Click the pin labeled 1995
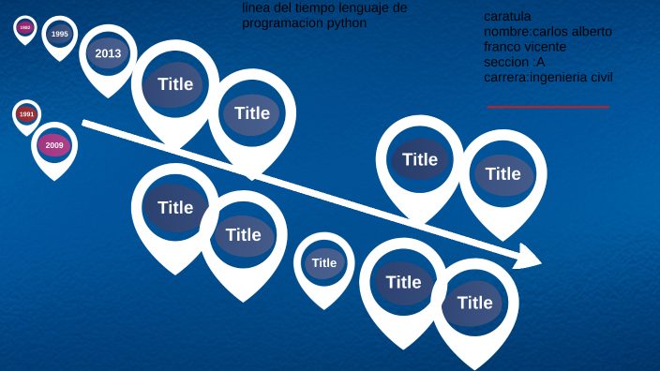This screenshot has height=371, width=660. pos(60,34)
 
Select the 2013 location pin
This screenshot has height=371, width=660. pos(108,53)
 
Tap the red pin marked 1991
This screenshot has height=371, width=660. pos(26,114)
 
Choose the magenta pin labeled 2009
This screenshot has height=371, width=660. pos(54,145)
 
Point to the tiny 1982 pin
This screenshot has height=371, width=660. pos(25,28)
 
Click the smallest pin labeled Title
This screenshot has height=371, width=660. pos(324,263)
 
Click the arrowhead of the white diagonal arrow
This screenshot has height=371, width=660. pos(529,256)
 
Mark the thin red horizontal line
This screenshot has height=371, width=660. pos(547,107)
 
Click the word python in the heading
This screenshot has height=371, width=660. pos(348,22)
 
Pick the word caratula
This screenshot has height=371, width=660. pos(507,16)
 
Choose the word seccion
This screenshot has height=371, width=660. pos(507,61)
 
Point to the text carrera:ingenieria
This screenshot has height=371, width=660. pos(531,77)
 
